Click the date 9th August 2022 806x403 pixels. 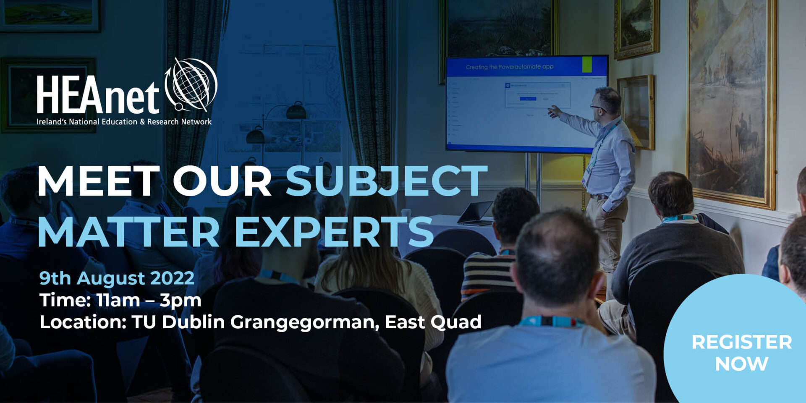pos(117,278)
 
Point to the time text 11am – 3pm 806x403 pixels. pos(149,301)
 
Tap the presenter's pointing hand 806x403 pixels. pos(554,111)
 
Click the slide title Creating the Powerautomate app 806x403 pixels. pos(509,67)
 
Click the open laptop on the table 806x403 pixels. pos(476,213)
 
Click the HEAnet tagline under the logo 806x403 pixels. pos(124,122)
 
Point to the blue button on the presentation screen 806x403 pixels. pos(528,99)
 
